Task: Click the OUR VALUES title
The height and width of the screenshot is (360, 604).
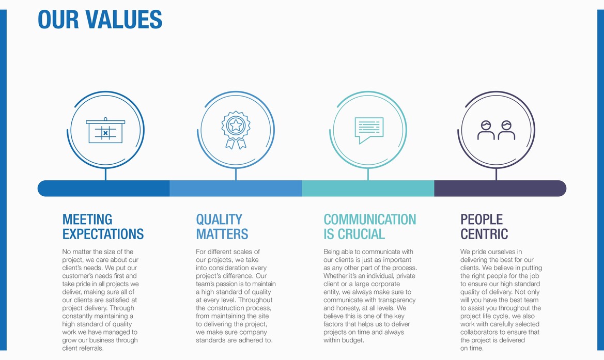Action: coord(100,20)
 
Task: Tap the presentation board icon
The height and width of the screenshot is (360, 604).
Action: coord(105,130)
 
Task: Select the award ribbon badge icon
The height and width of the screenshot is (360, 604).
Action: coord(236,130)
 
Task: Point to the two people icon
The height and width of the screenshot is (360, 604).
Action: coord(496,130)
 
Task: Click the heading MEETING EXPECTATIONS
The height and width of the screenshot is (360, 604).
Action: coord(103,227)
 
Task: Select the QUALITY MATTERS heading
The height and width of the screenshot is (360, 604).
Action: coord(222,227)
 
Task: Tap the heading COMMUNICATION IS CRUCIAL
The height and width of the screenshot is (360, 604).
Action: coord(370,227)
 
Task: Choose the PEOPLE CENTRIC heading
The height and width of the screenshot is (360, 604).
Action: coord(484,227)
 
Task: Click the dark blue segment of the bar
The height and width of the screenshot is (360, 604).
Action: coord(104,189)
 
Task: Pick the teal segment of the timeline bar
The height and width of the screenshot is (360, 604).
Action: coord(368,189)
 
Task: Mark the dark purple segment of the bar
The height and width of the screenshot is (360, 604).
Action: coord(500,189)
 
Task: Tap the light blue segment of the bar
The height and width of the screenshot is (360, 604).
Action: coord(236,189)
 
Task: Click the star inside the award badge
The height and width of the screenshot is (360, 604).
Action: coord(236,125)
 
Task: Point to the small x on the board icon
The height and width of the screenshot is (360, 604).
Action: coord(105,133)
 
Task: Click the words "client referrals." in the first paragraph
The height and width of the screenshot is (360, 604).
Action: coord(83,349)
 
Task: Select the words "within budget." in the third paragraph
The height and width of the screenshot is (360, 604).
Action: coord(344,340)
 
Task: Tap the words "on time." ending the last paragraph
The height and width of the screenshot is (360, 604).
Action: coord(472,349)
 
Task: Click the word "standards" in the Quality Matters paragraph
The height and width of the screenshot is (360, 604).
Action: coord(210,340)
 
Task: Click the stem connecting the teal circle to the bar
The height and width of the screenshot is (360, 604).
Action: coord(368,175)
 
